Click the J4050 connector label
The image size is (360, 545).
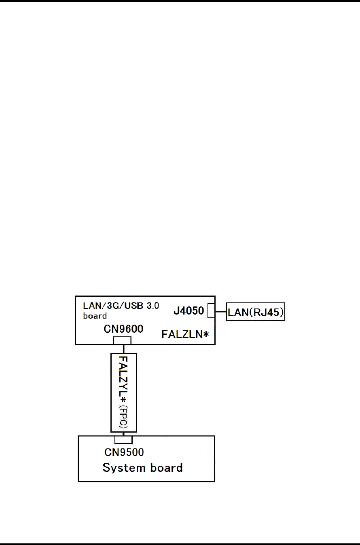pos(188,311)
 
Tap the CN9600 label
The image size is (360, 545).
pos(123,329)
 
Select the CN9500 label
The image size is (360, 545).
pos(124,452)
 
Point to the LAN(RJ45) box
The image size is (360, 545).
pos(256,312)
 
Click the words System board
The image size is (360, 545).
pos(142,468)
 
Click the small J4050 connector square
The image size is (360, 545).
pos(211,311)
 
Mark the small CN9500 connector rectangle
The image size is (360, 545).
pos(123,439)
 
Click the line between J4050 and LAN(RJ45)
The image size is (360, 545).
pos(220,312)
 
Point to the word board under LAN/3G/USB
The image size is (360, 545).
pos(95,316)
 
